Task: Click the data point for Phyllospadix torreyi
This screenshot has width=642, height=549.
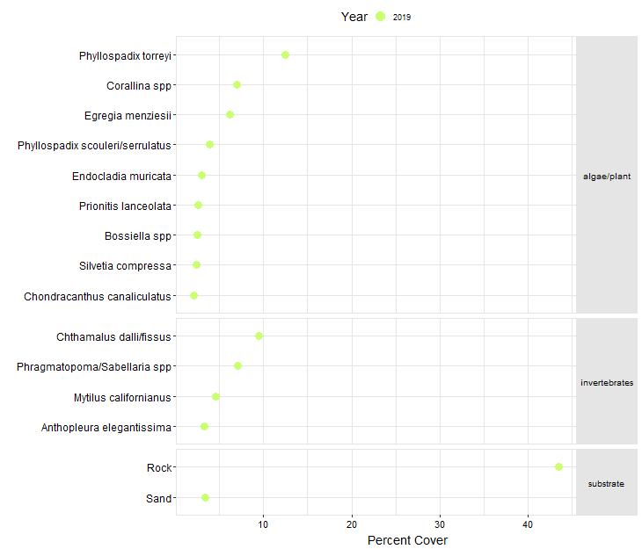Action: click(x=285, y=54)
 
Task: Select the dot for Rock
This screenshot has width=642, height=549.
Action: click(x=558, y=466)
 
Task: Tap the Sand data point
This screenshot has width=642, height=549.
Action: click(x=205, y=497)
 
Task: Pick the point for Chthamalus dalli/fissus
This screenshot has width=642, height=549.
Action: click(x=259, y=336)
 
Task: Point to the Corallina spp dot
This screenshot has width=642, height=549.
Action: click(x=237, y=84)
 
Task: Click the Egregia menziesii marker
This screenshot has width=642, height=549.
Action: click(x=230, y=114)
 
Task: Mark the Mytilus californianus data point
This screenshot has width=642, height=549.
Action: click(x=215, y=396)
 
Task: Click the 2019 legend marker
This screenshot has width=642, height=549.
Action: click(x=380, y=17)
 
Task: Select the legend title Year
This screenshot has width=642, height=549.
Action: click(x=354, y=17)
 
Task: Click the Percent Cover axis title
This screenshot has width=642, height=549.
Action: click(x=407, y=540)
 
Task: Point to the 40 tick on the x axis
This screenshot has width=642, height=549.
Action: click(x=528, y=525)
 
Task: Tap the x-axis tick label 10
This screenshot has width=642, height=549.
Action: click(x=264, y=525)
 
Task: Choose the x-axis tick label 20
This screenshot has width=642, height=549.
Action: click(x=352, y=525)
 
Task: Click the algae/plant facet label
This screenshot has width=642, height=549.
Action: click(x=606, y=177)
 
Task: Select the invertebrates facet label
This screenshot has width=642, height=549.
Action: click(x=606, y=383)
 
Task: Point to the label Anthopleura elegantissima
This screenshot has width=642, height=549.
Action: click(x=106, y=428)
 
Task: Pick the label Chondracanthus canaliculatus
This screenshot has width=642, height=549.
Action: click(x=98, y=296)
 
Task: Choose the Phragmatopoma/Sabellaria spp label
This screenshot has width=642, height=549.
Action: click(x=94, y=366)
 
